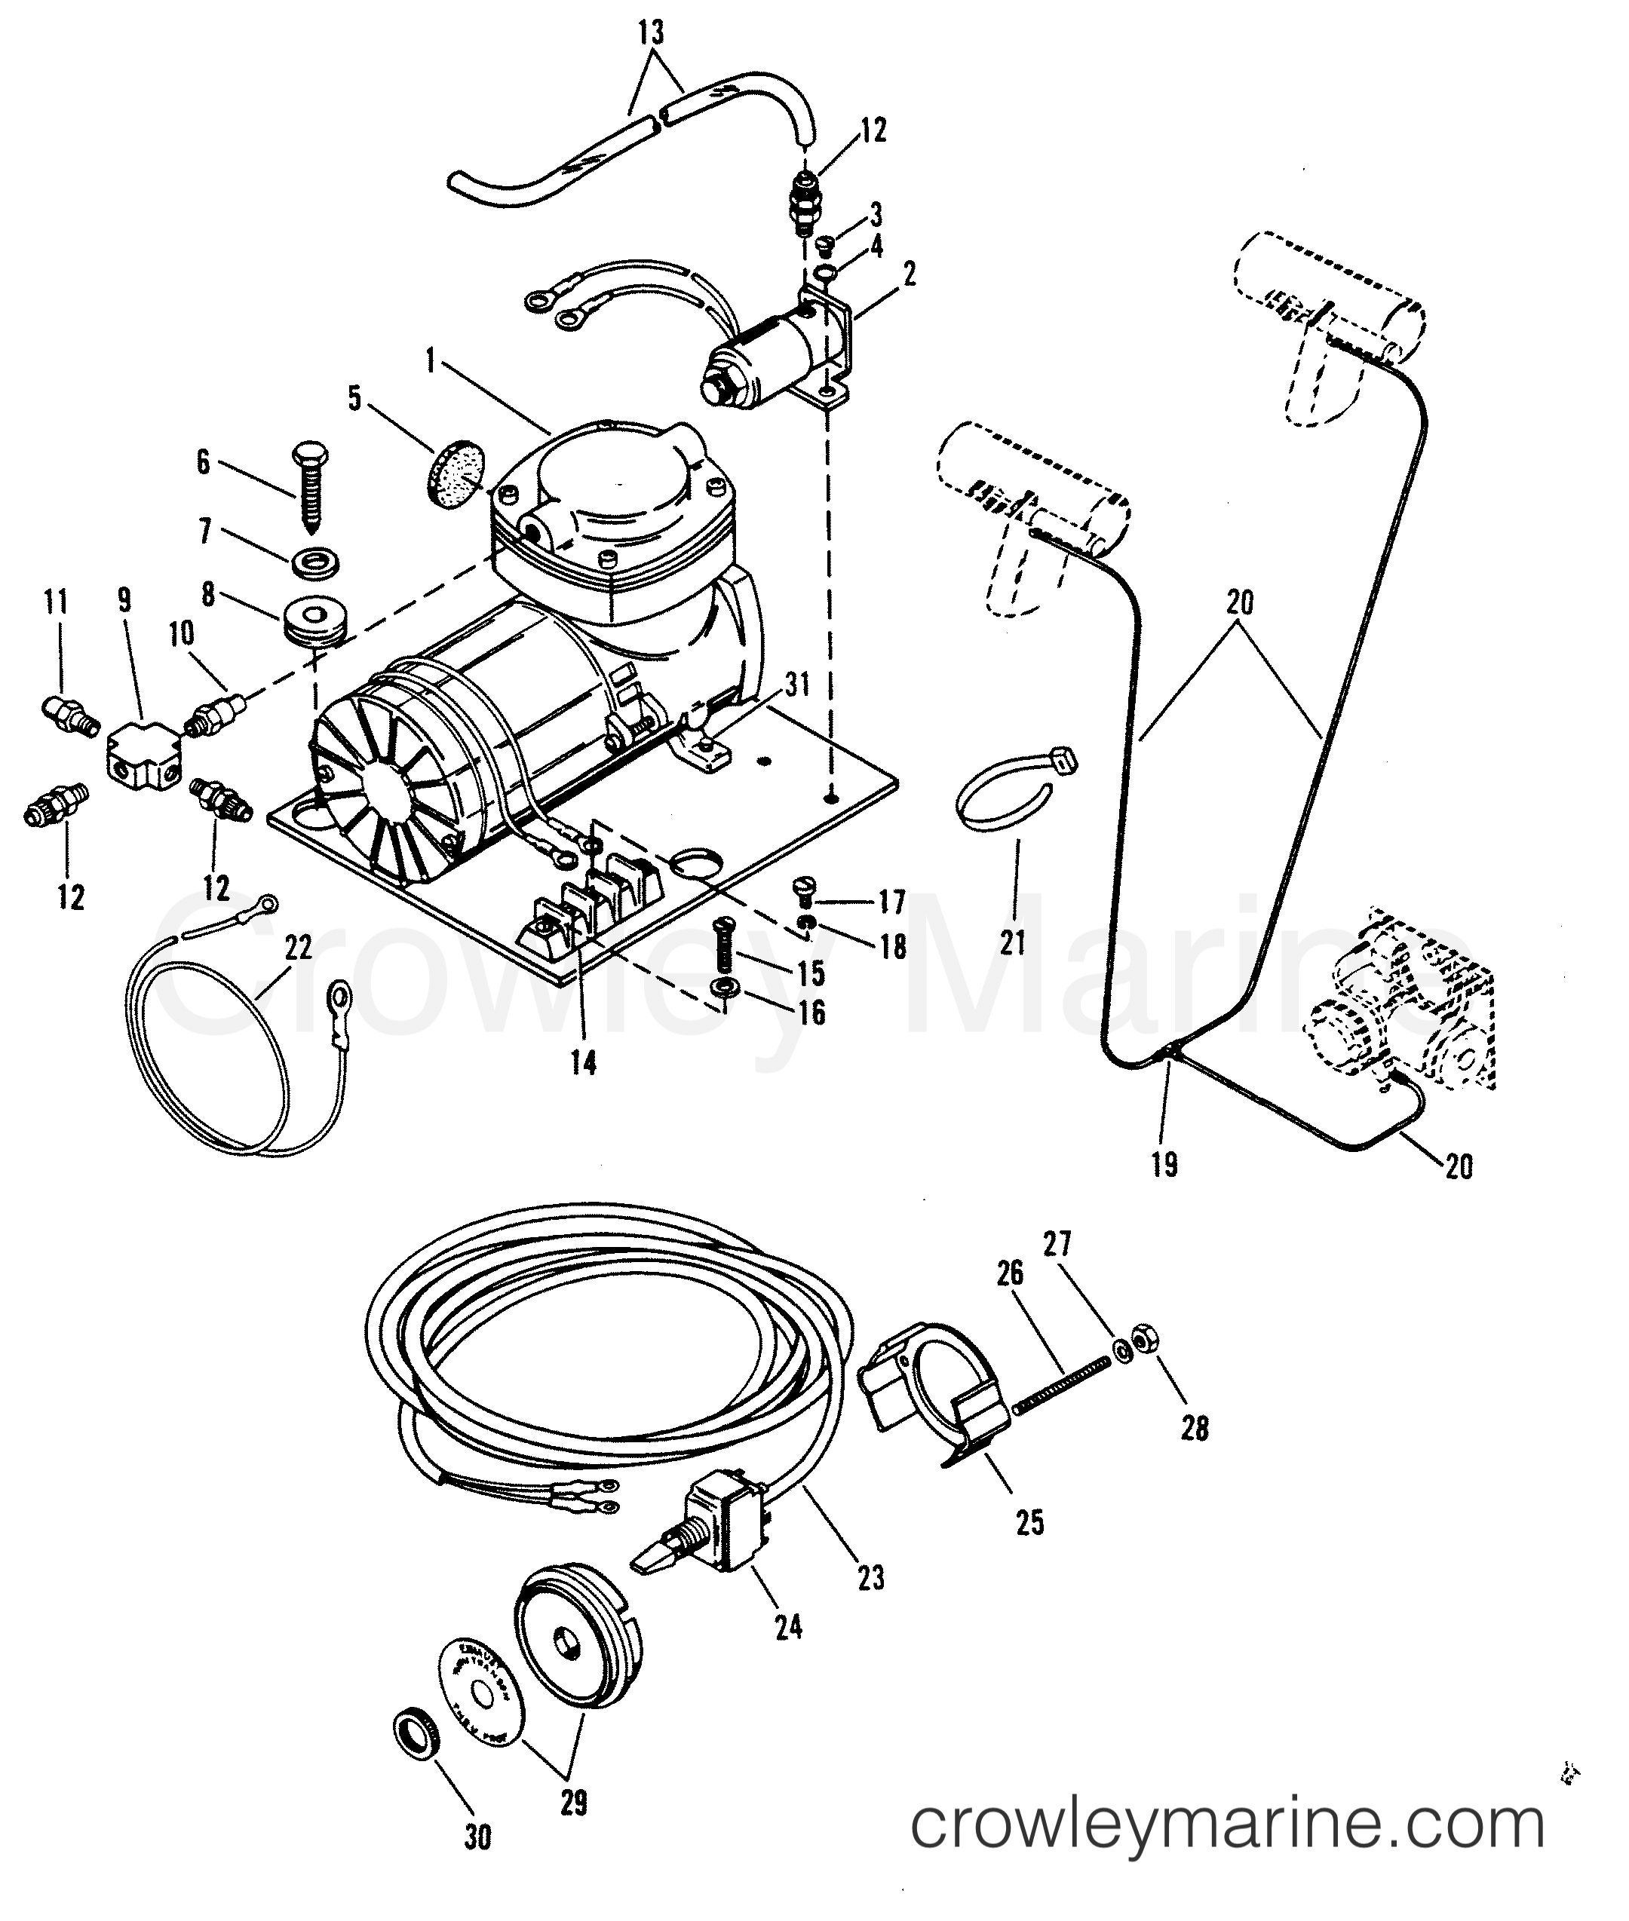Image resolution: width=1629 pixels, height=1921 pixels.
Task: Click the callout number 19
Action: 1165,1164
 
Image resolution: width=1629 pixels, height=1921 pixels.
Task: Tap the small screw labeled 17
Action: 803,889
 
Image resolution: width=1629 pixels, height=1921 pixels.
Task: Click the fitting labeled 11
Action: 66,716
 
